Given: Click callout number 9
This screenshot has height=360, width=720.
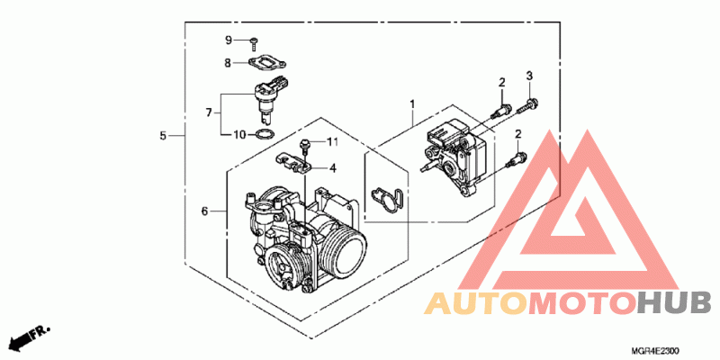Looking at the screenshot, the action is [229, 40].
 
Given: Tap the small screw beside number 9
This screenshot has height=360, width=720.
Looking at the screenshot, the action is [254, 43].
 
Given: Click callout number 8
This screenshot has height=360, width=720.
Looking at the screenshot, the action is [228, 63].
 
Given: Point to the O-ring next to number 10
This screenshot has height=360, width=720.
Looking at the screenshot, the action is [265, 134].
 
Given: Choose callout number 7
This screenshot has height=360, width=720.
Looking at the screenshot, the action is [209, 112].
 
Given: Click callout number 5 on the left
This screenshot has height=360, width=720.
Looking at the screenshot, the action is [163, 136].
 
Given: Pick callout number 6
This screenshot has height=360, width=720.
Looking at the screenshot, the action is [205, 211].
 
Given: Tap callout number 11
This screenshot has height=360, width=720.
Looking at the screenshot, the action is [332, 142].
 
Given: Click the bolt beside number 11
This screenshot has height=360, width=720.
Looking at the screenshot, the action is [304, 146].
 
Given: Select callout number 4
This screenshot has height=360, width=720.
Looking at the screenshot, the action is [332, 169].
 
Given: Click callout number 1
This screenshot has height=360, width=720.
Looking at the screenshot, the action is [412, 104].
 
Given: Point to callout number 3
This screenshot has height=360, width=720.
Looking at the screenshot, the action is [529, 76].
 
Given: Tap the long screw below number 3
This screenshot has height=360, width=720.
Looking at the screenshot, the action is [528, 105].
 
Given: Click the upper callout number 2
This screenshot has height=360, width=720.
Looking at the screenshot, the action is [502, 83].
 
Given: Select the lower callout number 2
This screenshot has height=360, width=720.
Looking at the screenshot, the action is [518, 134].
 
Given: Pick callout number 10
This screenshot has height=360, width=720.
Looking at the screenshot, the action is [240, 134].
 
